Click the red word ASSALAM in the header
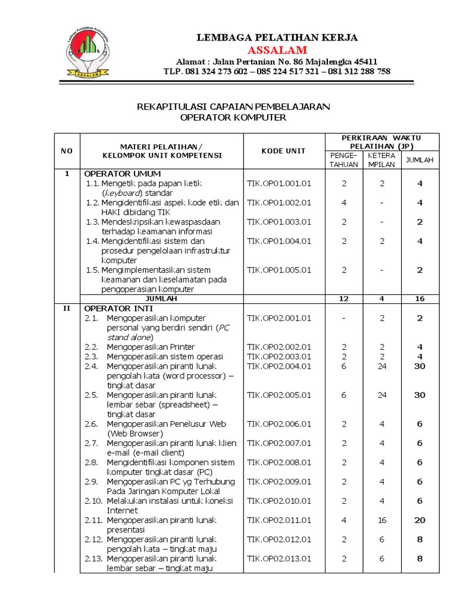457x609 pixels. click(277, 49)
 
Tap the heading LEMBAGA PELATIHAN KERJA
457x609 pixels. click(277, 37)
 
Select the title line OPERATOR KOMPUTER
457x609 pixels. click(233, 118)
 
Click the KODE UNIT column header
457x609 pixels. click(283, 151)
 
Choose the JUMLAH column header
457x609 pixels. click(420, 159)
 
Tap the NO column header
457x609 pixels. click(67, 151)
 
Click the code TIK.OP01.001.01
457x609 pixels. click(279, 184)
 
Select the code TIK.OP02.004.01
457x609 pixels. click(279, 366)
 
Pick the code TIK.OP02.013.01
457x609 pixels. click(279, 558)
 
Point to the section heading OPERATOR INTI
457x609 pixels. click(118, 308)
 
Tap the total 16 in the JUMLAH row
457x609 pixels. click(420, 299)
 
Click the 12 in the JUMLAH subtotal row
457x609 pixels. click(343, 299)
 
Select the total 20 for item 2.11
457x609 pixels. click(420, 520)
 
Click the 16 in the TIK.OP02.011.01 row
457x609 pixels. click(382, 520)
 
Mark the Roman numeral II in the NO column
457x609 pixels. click(67, 308)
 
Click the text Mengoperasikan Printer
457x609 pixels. click(151, 347)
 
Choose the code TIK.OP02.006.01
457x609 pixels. click(279, 424)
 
